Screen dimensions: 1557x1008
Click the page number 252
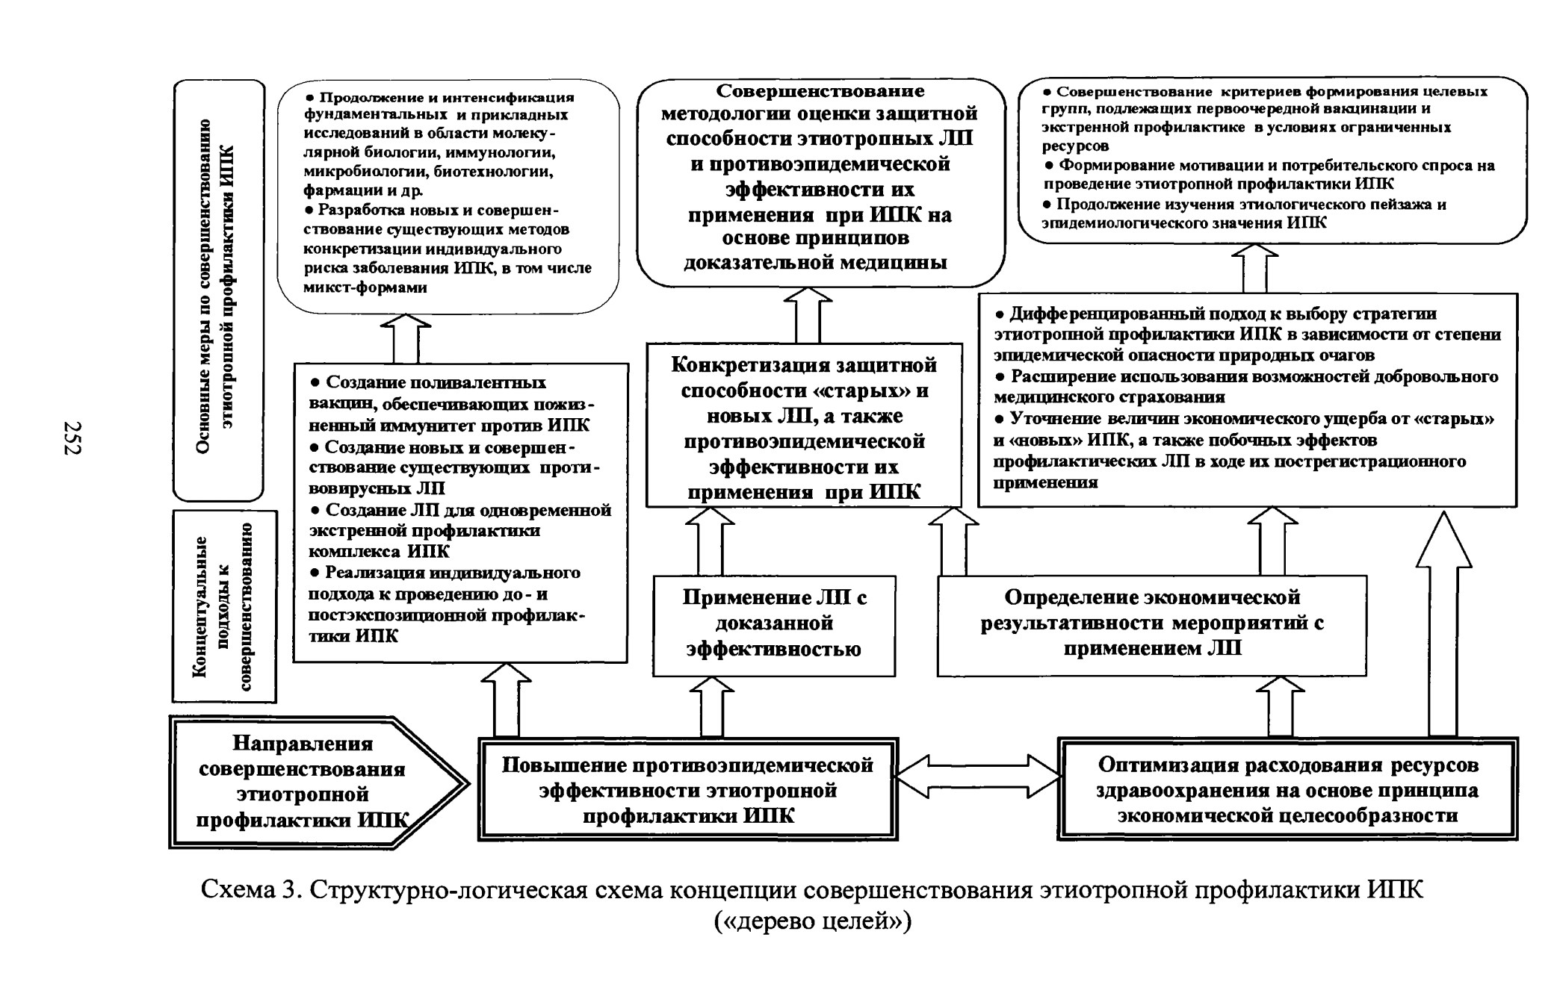click(x=72, y=438)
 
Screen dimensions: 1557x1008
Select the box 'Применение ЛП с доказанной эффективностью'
click(x=774, y=626)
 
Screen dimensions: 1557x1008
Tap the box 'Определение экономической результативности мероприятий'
click(x=1152, y=626)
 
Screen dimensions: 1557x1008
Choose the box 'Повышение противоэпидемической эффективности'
click(x=687, y=789)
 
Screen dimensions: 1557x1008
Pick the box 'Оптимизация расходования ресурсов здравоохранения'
click(x=1287, y=789)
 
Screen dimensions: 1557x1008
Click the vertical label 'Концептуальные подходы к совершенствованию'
click(x=224, y=606)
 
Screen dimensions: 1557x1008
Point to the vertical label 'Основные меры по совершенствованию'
click(x=218, y=290)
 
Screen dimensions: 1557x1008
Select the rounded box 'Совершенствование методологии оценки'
click(x=821, y=183)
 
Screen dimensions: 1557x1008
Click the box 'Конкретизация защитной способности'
click(x=804, y=426)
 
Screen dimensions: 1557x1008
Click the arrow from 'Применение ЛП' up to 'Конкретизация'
click(x=710, y=541)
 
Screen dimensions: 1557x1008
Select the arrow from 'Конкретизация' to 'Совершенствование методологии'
click(x=808, y=315)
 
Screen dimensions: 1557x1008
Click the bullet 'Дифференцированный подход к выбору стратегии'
click(x=1247, y=335)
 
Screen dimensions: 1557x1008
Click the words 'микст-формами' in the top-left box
click(x=366, y=287)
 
